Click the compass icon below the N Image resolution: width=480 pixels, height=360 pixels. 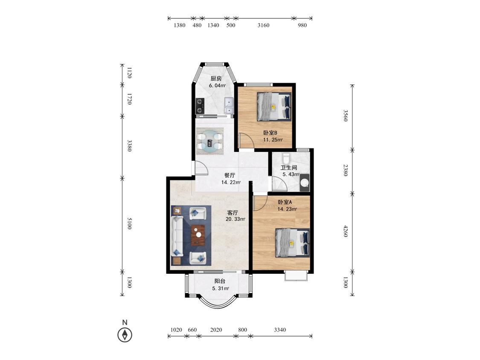click(125, 334)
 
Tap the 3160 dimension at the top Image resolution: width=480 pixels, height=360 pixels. click(263, 26)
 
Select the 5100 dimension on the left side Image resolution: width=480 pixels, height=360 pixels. click(129, 224)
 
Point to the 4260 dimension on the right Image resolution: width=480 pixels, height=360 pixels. click(345, 231)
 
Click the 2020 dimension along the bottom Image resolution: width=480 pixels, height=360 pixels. click(216, 330)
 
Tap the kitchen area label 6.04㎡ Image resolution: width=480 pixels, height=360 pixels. click(217, 86)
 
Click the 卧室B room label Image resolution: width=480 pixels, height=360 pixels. click(271, 133)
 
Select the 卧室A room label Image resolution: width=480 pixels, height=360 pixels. click(285, 202)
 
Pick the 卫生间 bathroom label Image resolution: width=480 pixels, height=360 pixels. click(289, 168)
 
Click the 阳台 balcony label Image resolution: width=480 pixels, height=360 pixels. click(220, 281)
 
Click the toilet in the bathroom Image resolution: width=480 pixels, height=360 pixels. click(286, 158)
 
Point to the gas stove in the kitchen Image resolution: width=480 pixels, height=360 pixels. click(200, 106)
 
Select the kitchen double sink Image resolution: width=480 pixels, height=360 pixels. click(229, 105)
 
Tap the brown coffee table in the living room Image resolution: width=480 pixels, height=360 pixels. click(198, 235)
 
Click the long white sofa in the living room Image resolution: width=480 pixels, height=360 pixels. click(177, 236)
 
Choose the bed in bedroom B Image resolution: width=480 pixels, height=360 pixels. click(274, 106)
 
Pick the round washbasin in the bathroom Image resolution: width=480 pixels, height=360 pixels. click(305, 183)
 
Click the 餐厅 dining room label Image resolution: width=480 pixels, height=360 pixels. click(230, 175)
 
